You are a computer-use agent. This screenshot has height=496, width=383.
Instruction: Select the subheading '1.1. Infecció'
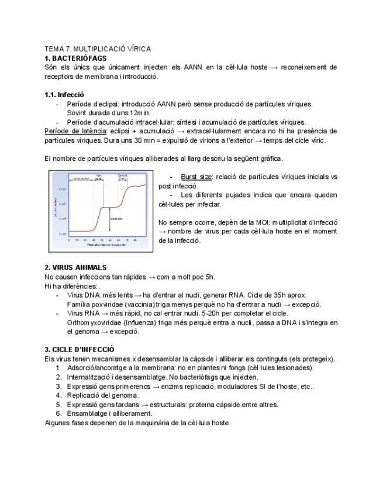click(64, 94)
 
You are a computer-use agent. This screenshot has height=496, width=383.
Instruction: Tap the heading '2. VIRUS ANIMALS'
click(75, 267)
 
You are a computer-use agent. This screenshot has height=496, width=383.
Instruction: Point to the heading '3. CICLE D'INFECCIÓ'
click(79, 349)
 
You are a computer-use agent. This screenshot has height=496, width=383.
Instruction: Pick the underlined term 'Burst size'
click(196, 177)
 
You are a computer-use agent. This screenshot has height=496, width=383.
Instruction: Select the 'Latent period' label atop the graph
click(80, 178)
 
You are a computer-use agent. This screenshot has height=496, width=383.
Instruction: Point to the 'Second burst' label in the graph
click(123, 176)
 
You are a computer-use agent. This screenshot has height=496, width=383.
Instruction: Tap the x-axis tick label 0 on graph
click(68, 240)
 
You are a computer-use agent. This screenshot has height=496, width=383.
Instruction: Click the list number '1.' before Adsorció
click(58, 368)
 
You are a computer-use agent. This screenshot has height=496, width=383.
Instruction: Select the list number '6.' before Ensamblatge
click(58, 414)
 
